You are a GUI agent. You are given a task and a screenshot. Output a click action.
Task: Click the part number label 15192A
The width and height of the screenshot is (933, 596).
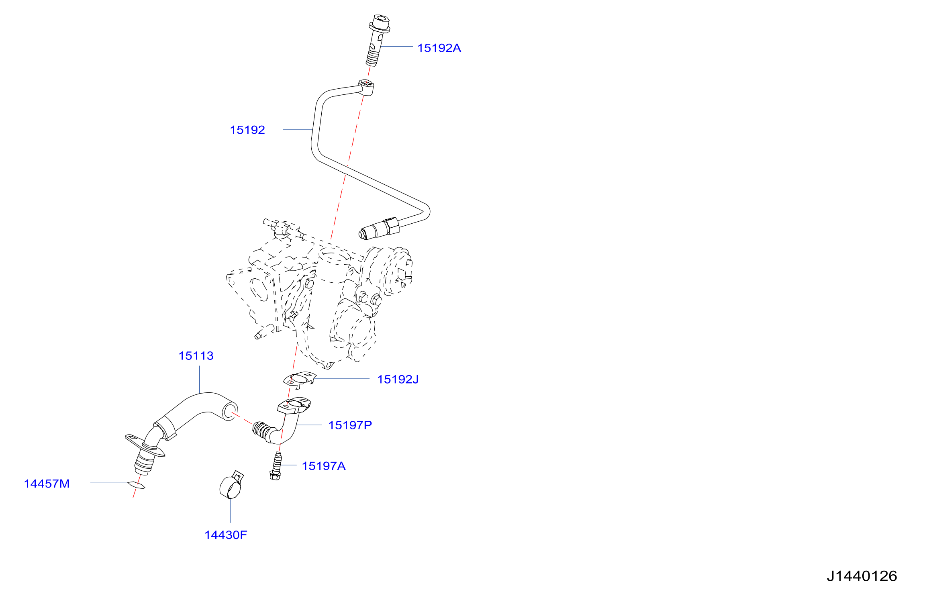coord(439,48)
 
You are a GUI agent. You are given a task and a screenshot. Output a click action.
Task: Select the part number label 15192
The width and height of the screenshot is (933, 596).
coord(247,130)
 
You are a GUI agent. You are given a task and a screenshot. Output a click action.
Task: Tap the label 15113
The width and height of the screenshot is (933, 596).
coord(196,356)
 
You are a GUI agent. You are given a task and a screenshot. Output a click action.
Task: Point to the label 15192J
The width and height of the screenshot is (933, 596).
coord(398,380)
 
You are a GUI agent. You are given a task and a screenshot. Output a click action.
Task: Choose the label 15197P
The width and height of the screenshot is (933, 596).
coord(350,425)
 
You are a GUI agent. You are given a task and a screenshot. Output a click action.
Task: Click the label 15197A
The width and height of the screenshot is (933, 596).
coord(324,466)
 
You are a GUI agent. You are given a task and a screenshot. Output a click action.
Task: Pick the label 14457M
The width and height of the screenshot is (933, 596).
coord(47,484)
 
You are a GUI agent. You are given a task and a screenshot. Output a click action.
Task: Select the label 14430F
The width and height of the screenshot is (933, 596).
coord(226,535)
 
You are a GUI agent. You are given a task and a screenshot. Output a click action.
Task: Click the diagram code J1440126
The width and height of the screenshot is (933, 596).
coord(862,576)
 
